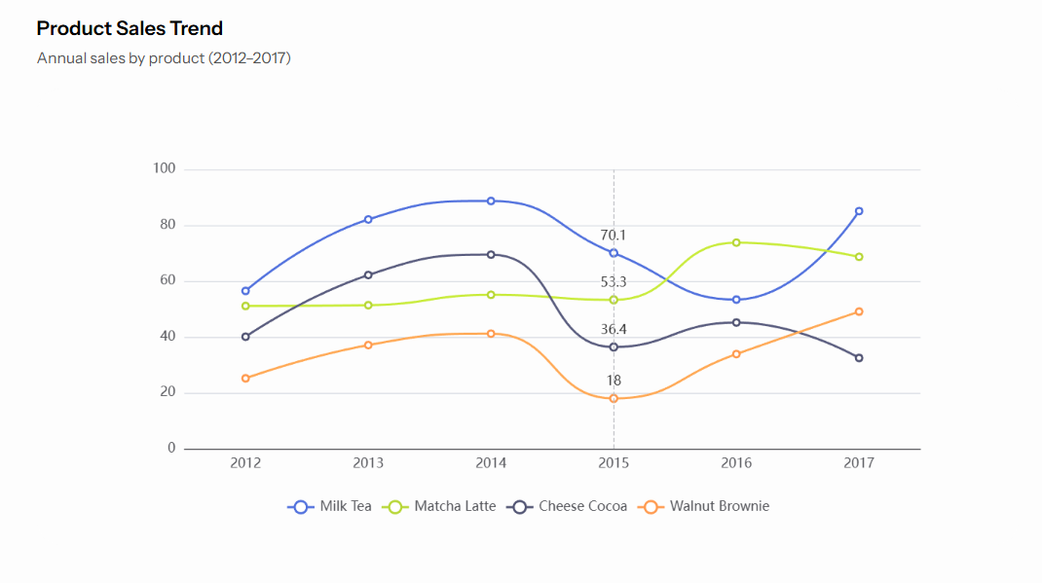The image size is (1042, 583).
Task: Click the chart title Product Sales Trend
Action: coord(130,28)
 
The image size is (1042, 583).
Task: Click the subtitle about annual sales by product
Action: coord(164,58)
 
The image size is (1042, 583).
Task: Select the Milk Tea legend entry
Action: coord(331,506)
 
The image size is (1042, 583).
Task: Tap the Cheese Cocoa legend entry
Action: coord(570,506)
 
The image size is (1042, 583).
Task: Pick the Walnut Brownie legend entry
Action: coord(704,506)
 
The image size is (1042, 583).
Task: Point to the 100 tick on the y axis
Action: coord(164,169)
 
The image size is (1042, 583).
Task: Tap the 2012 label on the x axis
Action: coord(245,463)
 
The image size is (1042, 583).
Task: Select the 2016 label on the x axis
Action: coord(736,463)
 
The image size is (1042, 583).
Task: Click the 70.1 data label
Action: coord(614,236)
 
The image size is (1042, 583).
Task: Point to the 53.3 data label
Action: coord(614,282)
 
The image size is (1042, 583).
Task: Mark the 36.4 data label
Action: coord(614,330)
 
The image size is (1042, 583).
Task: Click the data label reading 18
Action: coord(614,381)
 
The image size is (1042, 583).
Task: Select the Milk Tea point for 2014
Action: coord(491,201)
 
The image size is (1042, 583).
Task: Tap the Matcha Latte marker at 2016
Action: coord(736,242)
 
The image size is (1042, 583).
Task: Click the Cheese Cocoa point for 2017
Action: coord(859,358)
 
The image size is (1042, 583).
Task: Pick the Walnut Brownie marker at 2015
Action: coord(614,399)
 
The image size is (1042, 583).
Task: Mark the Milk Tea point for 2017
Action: coord(859,211)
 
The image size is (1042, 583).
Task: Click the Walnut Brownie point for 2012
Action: coord(245,379)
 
